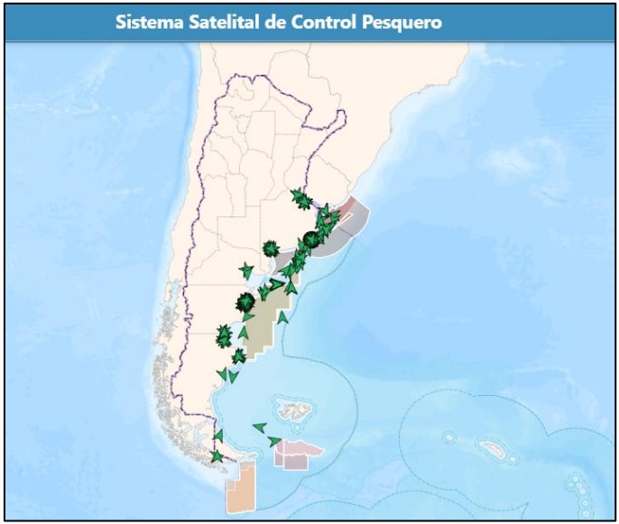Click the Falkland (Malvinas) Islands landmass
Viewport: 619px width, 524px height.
coord(295,411)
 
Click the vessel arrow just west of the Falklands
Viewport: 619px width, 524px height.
coord(259,427)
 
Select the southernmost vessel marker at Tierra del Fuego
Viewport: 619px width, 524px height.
coord(217,456)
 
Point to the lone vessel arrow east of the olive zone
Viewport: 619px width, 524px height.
coord(283,317)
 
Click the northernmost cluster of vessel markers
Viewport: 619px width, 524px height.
coord(300,198)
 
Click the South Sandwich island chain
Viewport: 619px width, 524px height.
coord(577,487)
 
